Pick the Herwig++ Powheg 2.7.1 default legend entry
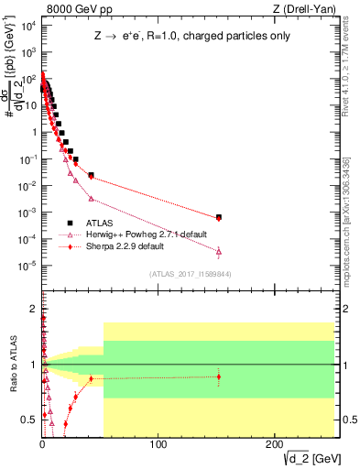137,234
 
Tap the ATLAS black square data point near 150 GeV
219,217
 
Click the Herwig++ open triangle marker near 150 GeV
219,250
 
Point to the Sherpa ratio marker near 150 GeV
219,376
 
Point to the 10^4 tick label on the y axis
27,25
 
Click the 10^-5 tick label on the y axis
27,266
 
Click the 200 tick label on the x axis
275,443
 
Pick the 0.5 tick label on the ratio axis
27,420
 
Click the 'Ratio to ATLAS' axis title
12,364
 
